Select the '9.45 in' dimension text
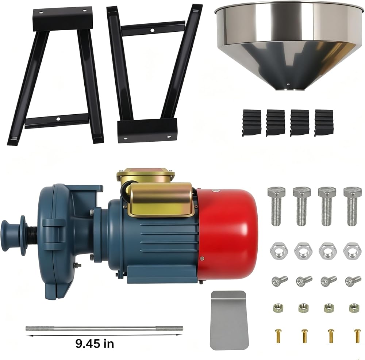[x=95, y=344]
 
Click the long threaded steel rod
[x=104, y=328]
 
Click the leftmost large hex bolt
[x=276, y=206]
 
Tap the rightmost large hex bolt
[x=353, y=206]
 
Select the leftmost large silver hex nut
[x=278, y=251]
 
